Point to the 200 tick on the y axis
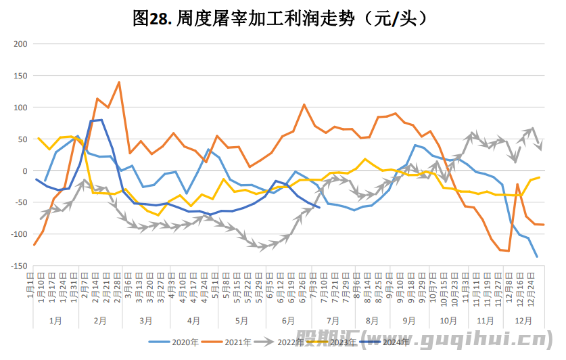pyautogui.click(x=19, y=44)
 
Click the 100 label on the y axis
pyautogui.click(x=19, y=108)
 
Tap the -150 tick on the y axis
pyautogui.click(x=18, y=266)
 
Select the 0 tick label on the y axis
pyautogui.click(x=23, y=171)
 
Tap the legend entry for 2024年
pyautogui.click(x=396, y=342)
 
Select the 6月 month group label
pyautogui.click(x=287, y=320)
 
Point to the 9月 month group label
pyautogui.click(x=408, y=320)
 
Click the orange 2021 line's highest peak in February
pyautogui.click(x=119, y=83)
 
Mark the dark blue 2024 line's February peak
pyautogui.click(x=101, y=120)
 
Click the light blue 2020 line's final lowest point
pyautogui.click(x=538, y=256)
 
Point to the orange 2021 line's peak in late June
pyautogui.click(x=304, y=104)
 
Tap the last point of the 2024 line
pyautogui.click(x=319, y=207)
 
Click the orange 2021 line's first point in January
pyautogui.click(x=34, y=244)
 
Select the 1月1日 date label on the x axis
pyautogui.click(x=32, y=284)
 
